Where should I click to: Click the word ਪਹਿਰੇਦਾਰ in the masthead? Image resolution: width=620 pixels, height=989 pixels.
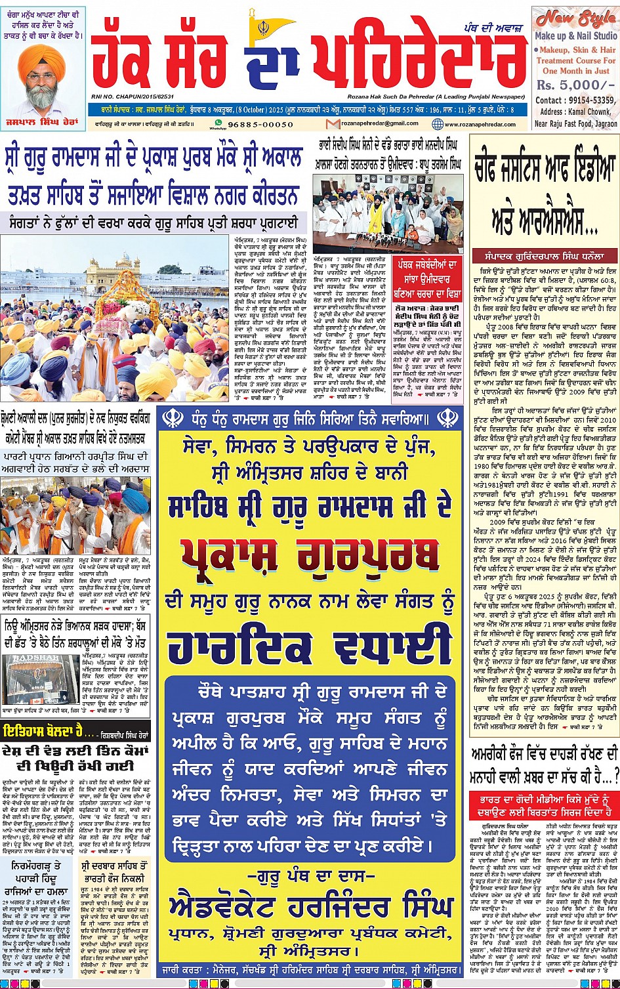(x=420, y=57)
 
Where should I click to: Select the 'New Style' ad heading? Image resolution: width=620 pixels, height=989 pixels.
(x=574, y=18)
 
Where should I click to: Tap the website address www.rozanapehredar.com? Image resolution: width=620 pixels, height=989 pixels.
(x=483, y=124)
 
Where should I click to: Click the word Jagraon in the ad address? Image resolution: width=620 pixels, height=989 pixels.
(x=602, y=123)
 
